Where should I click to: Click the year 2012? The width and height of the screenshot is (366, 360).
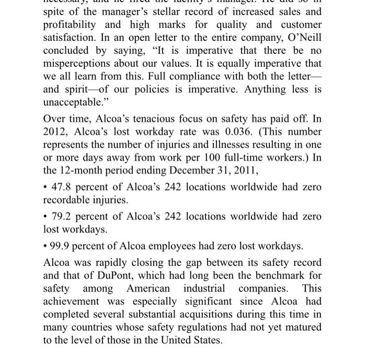pos(54,132)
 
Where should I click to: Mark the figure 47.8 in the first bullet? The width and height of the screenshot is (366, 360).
pos(62,187)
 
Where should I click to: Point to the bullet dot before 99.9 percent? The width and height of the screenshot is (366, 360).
pos(45,246)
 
